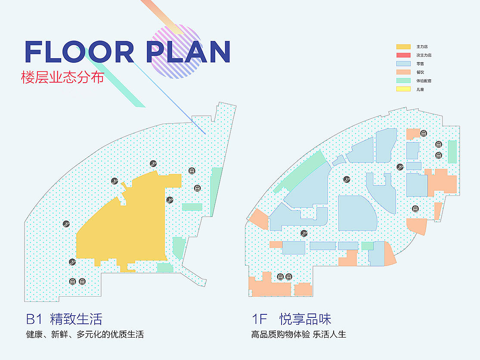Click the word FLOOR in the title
tap(80, 52)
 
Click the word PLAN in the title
tap(188, 52)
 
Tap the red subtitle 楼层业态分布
tap(63, 77)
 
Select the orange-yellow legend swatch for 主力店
tap(403, 47)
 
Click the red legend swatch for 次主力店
tap(403, 56)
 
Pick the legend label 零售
tap(420, 64)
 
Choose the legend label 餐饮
tap(420, 72)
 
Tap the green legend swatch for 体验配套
tap(403, 81)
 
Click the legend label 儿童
tap(420, 90)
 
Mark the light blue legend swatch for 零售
tap(403, 64)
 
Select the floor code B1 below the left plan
tap(34, 319)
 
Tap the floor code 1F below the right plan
tap(260, 319)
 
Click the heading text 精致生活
tap(76, 319)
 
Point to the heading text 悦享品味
tap(305, 319)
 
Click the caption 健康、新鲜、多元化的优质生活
tap(85, 334)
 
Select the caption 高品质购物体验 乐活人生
tap(298, 334)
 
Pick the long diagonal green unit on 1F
tap(300, 172)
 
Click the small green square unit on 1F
tap(367, 246)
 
